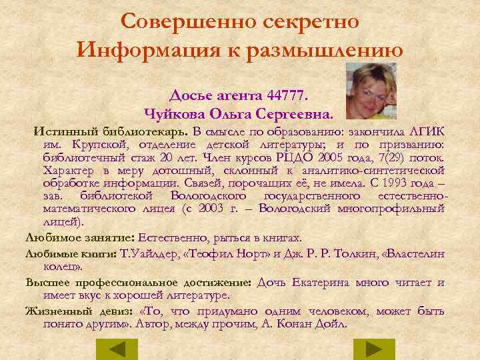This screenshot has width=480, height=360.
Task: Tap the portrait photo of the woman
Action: click(x=371, y=89)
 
